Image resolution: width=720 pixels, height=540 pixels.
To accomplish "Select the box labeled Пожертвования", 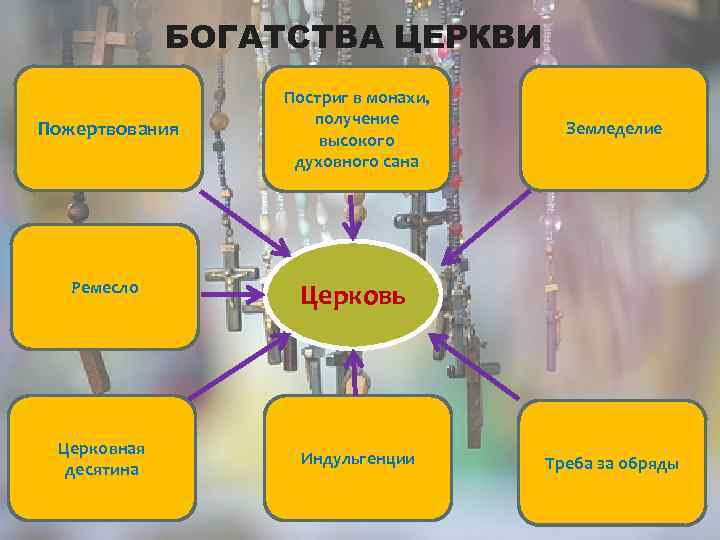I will point(108,128).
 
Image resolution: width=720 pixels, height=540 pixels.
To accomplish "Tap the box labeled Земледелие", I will point(613,128).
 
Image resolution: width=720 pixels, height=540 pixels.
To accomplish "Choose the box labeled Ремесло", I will point(105,287).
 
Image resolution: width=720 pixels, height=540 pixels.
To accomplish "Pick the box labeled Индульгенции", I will point(357,458).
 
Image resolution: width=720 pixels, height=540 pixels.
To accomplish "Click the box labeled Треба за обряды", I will point(612,463).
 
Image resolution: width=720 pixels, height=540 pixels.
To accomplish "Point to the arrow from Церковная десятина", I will point(240,366).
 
